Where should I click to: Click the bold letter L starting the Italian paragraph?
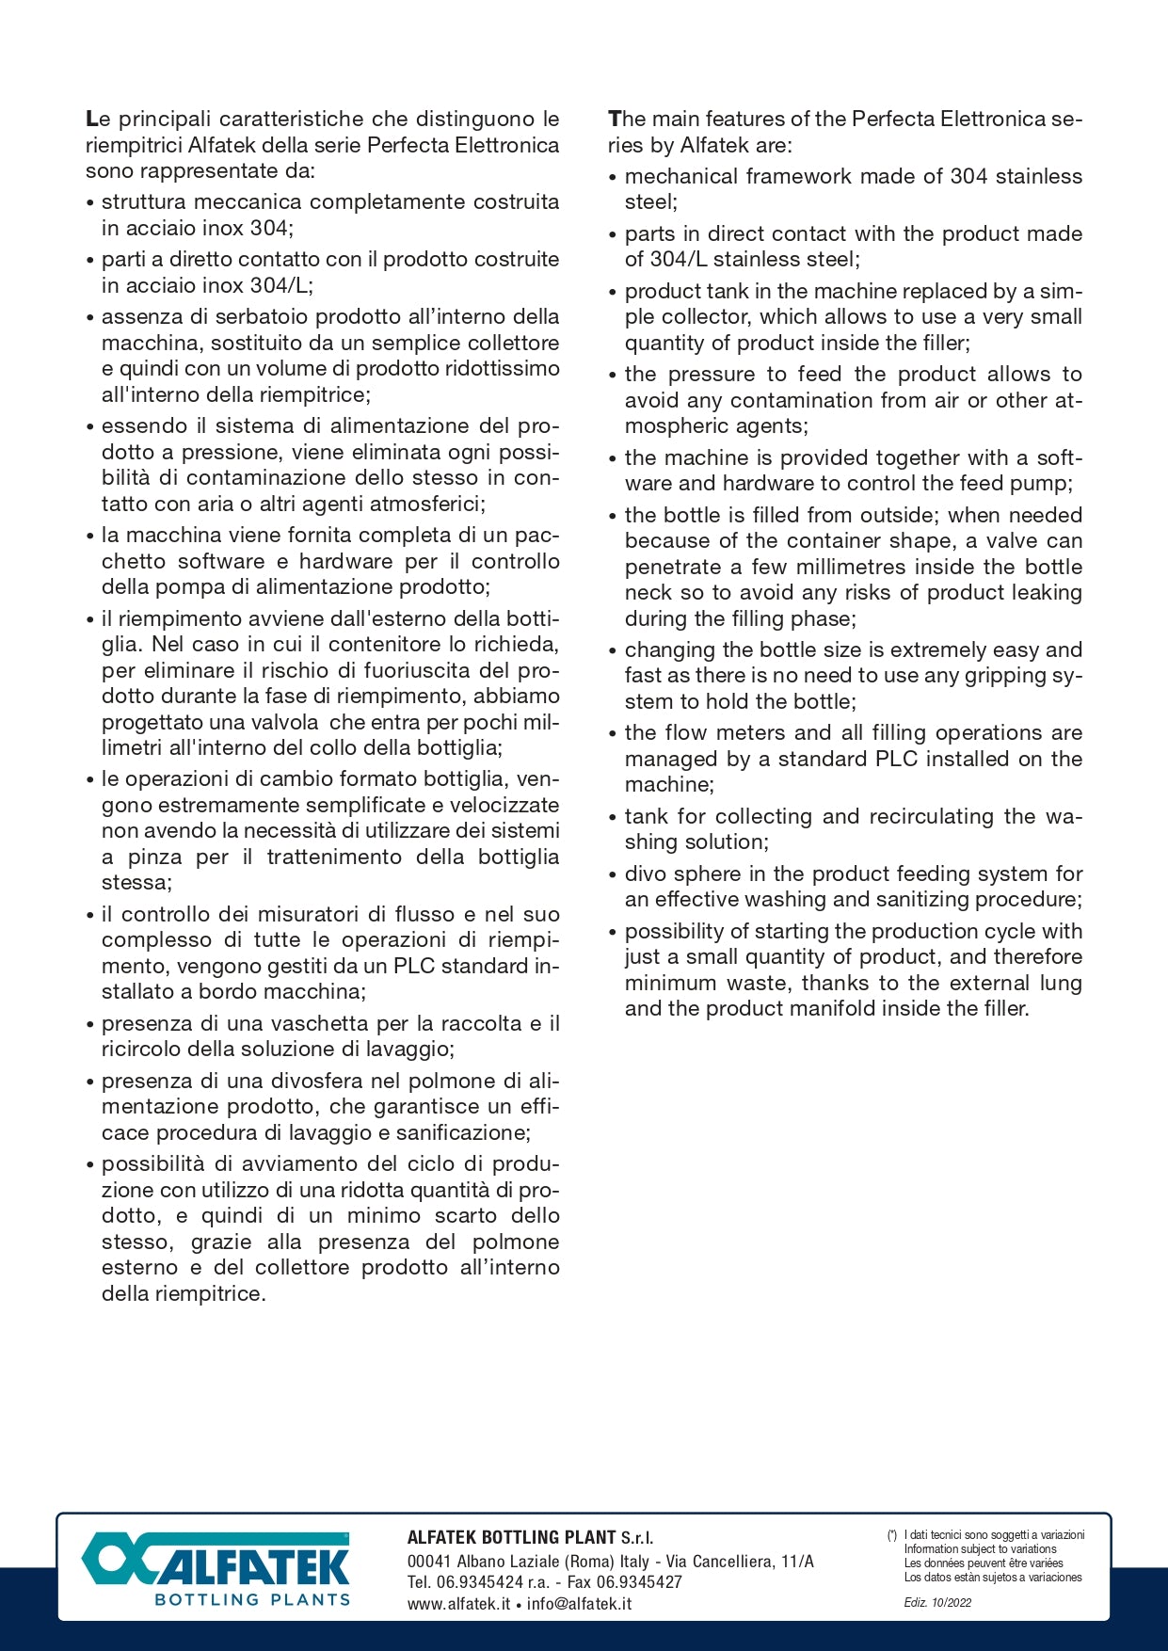(91, 120)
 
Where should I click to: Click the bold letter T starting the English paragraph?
(615, 120)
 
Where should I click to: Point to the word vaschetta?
(321, 1023)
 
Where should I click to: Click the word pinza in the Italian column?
(154, 857)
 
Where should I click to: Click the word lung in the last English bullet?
(1061, 983)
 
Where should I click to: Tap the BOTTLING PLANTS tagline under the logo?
(252, 1599)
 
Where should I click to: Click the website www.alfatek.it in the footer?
(458, 1604)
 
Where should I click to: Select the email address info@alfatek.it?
(579, 1604)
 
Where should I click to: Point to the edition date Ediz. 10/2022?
(937, 1602)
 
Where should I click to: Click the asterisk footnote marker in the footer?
(891, 1535)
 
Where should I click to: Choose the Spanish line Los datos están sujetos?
(993, 1578)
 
